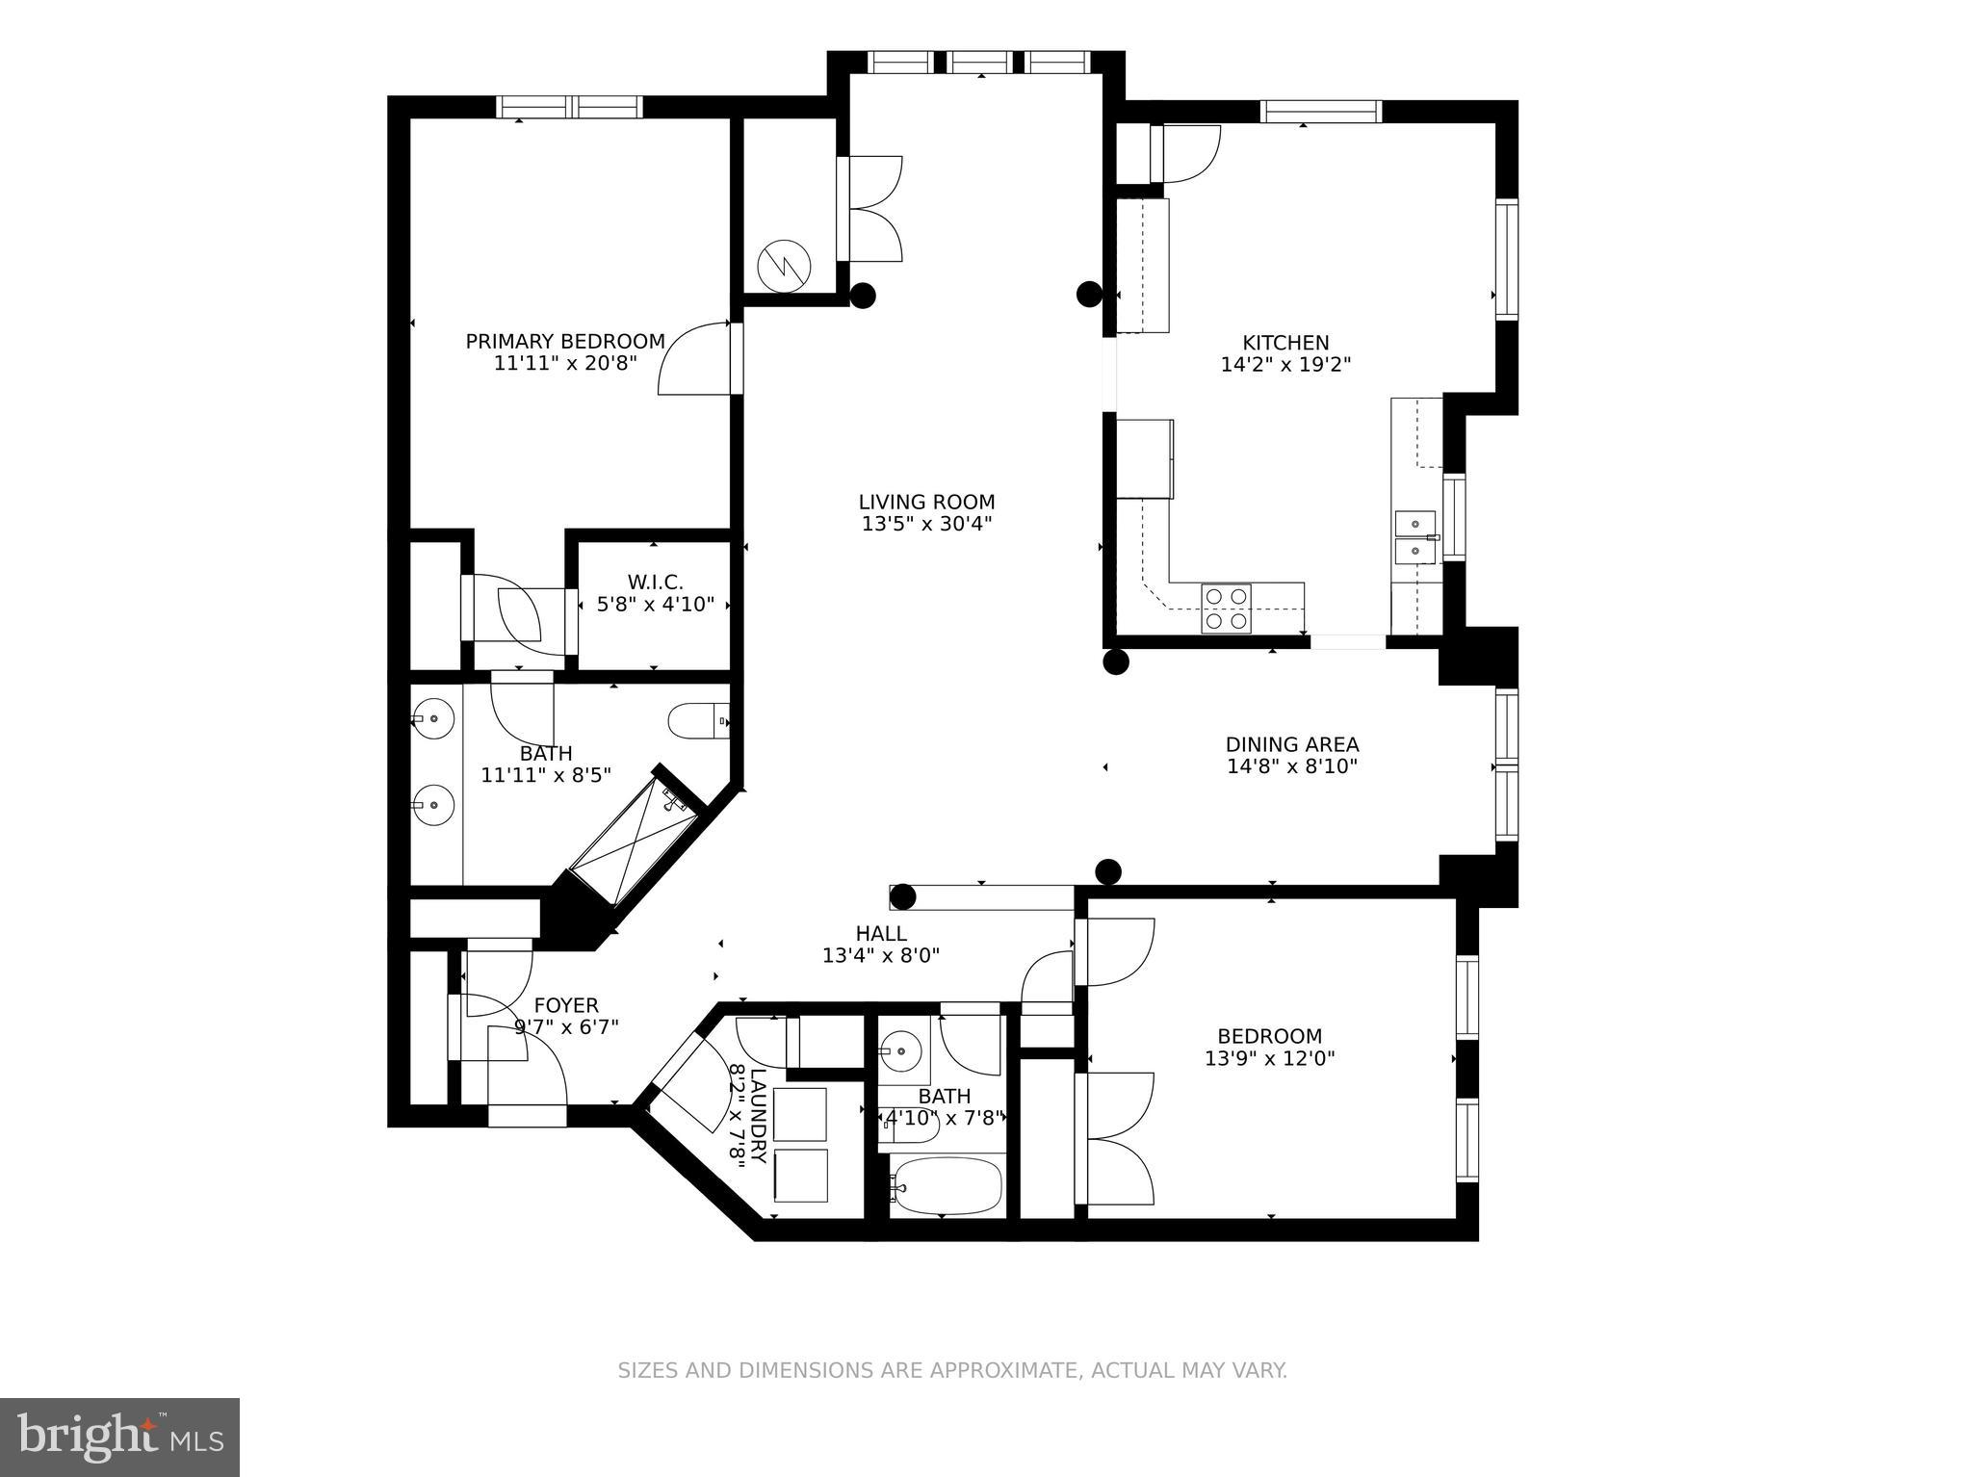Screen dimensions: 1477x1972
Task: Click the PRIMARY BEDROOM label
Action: [x=565, y=342]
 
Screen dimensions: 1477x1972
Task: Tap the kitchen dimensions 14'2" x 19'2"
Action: [x=1285, y=365]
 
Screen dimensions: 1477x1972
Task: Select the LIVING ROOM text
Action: [x=926, y=502]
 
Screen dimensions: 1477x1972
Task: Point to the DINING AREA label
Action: [x=1291, y=744]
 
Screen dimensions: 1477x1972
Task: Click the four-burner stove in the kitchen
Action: [x=1226, y=609]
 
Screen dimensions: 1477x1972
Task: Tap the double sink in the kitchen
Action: [x=1414, y=536]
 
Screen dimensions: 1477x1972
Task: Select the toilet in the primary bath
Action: [x=695, y=720]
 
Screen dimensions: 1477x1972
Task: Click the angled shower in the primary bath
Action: [x=634, y=839]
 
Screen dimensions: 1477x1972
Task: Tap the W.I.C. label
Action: [x=655, y=583]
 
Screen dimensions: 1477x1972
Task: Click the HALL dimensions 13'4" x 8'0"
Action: [x=880, y=956]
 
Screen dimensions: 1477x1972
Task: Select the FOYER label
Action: [x=566, y=1005]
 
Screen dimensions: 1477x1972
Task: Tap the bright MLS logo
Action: [x=119, y=1437]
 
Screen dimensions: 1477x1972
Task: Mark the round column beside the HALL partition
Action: [x=902, y=897]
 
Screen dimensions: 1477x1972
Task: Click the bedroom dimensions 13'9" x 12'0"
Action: [x=1269, y=1059]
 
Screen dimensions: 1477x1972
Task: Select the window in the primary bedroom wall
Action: [x=569, y=106]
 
